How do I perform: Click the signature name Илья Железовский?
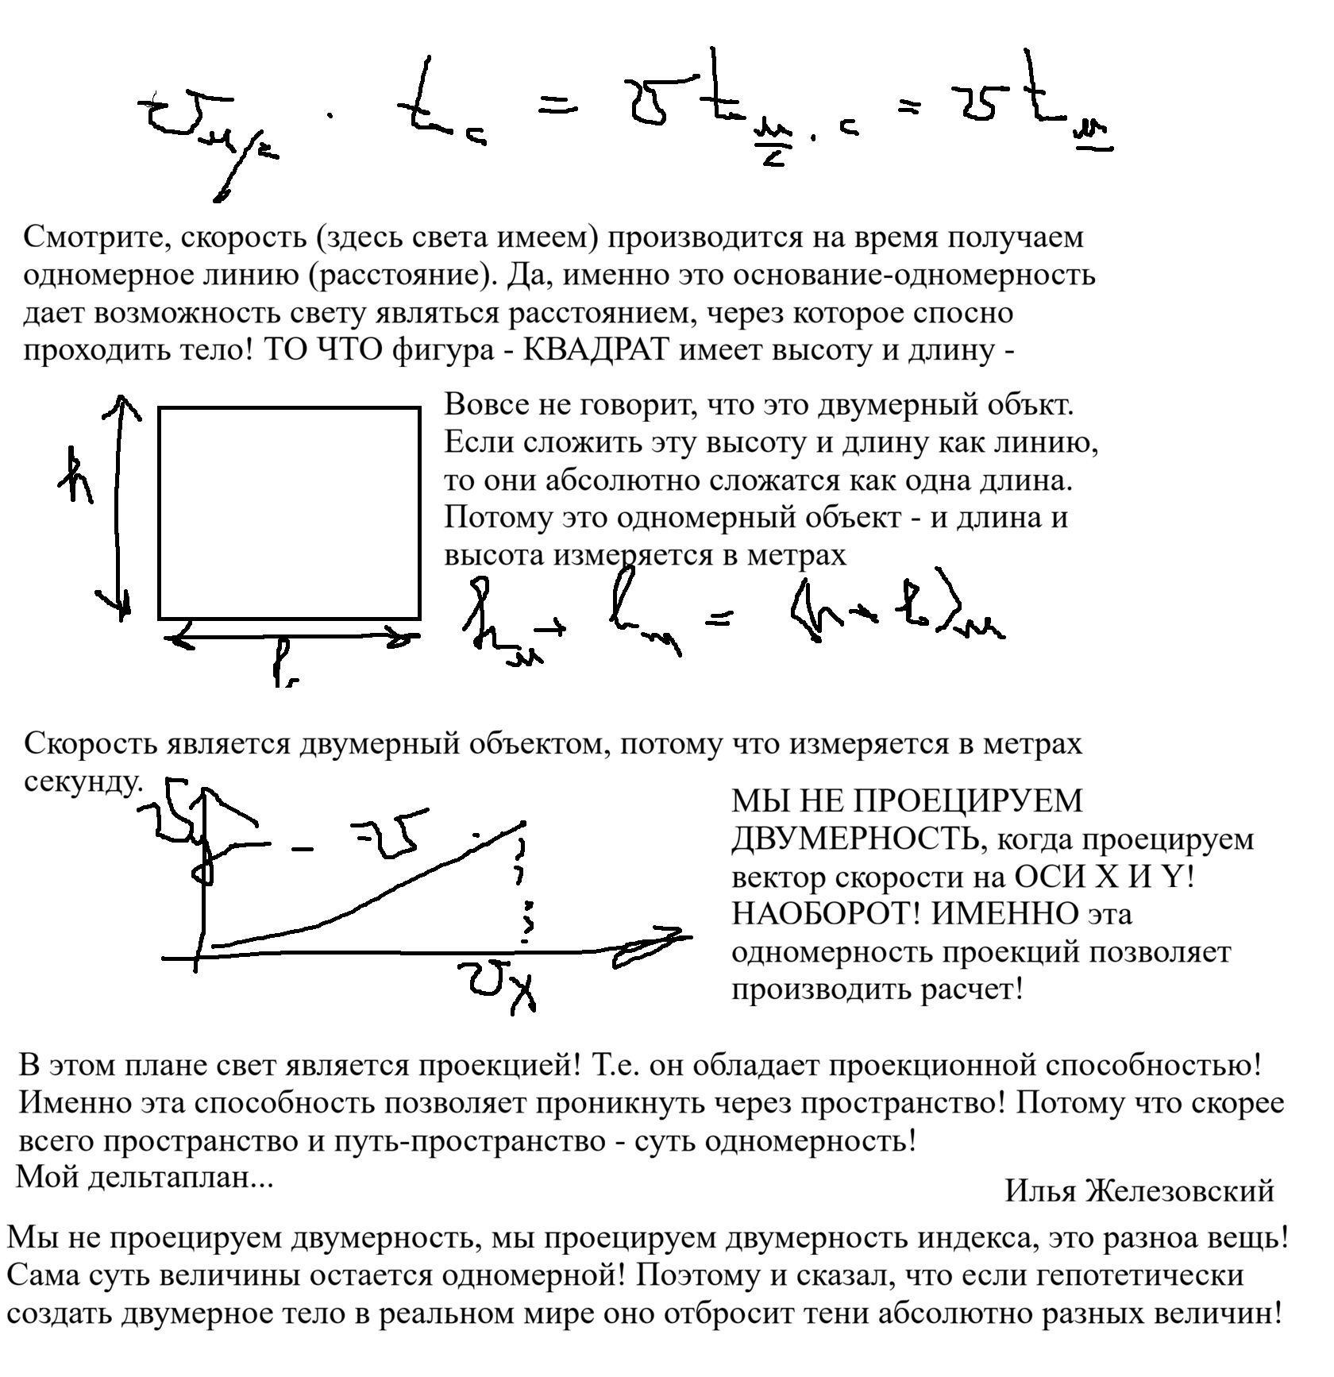click(x=1139, y=1191)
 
